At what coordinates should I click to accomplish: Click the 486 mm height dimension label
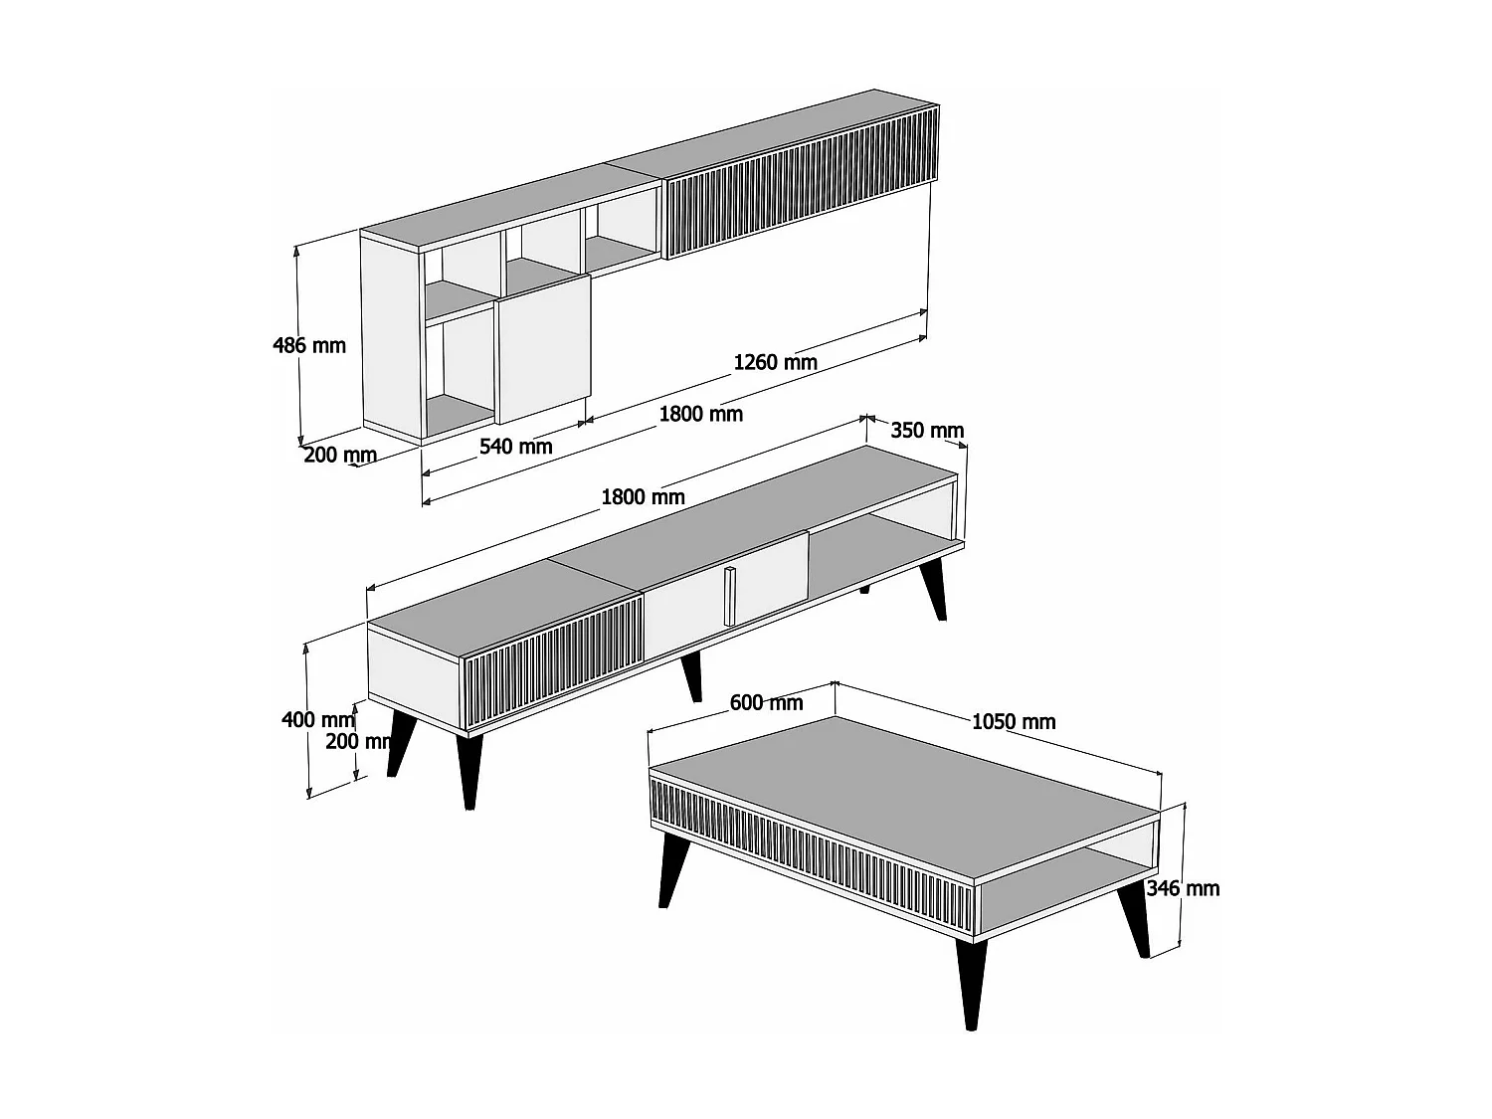[309, 345]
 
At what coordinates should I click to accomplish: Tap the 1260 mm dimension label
[775, 362]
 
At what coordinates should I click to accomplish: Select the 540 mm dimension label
[515, 447]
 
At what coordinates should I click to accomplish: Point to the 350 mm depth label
[926, 430]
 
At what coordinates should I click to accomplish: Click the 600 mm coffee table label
[766, 703]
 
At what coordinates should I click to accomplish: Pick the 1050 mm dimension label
[1013, 721]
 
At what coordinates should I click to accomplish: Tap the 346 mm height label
[1183, 888]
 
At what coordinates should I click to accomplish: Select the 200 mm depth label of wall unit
[339, 456]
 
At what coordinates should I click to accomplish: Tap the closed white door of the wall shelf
[544, 348]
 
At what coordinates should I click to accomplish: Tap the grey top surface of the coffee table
[895, 786]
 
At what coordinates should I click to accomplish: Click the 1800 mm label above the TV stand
[643, 495]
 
